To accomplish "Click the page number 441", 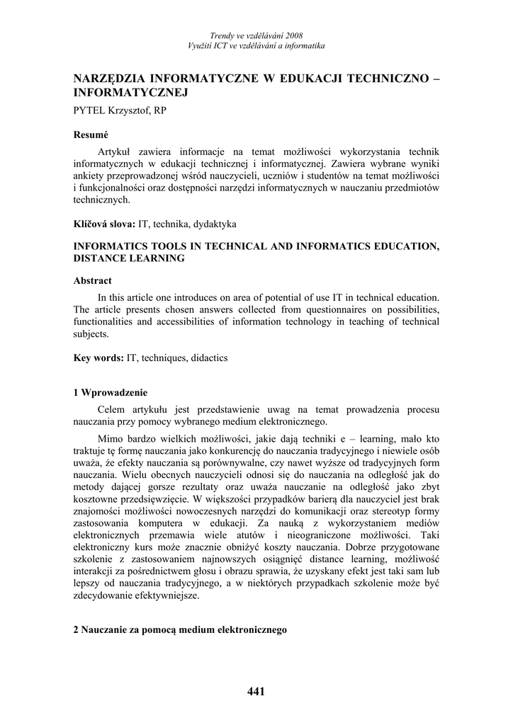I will (x=256, y=692).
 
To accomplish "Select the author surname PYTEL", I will (x=90, y=110).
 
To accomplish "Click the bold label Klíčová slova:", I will (x=105, y=224).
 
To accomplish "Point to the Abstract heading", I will (x=93, y=280).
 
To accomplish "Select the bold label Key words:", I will (x=99, y=358).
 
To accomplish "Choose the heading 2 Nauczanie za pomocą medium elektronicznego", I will (x=180, y=629).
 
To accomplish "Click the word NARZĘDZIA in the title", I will (x=113, y=79).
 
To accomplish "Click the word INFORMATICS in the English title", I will (x=115, y=246).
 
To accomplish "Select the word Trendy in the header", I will (x=225, y=35).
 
